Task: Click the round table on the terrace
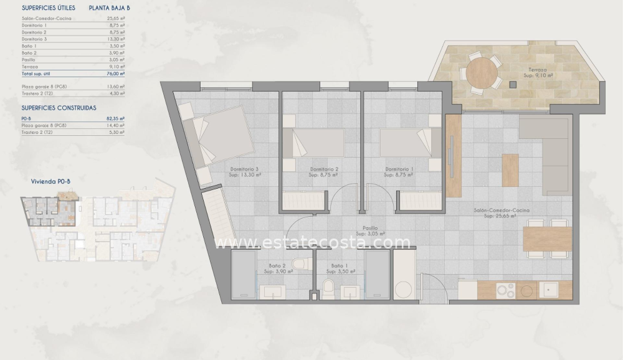coord(482,73)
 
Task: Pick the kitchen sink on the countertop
coord(549,290)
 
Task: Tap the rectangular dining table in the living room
coord(548,239)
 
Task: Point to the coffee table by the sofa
coord(510,170)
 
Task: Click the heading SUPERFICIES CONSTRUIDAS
coord(59,108)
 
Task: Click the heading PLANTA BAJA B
coord(110,8)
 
